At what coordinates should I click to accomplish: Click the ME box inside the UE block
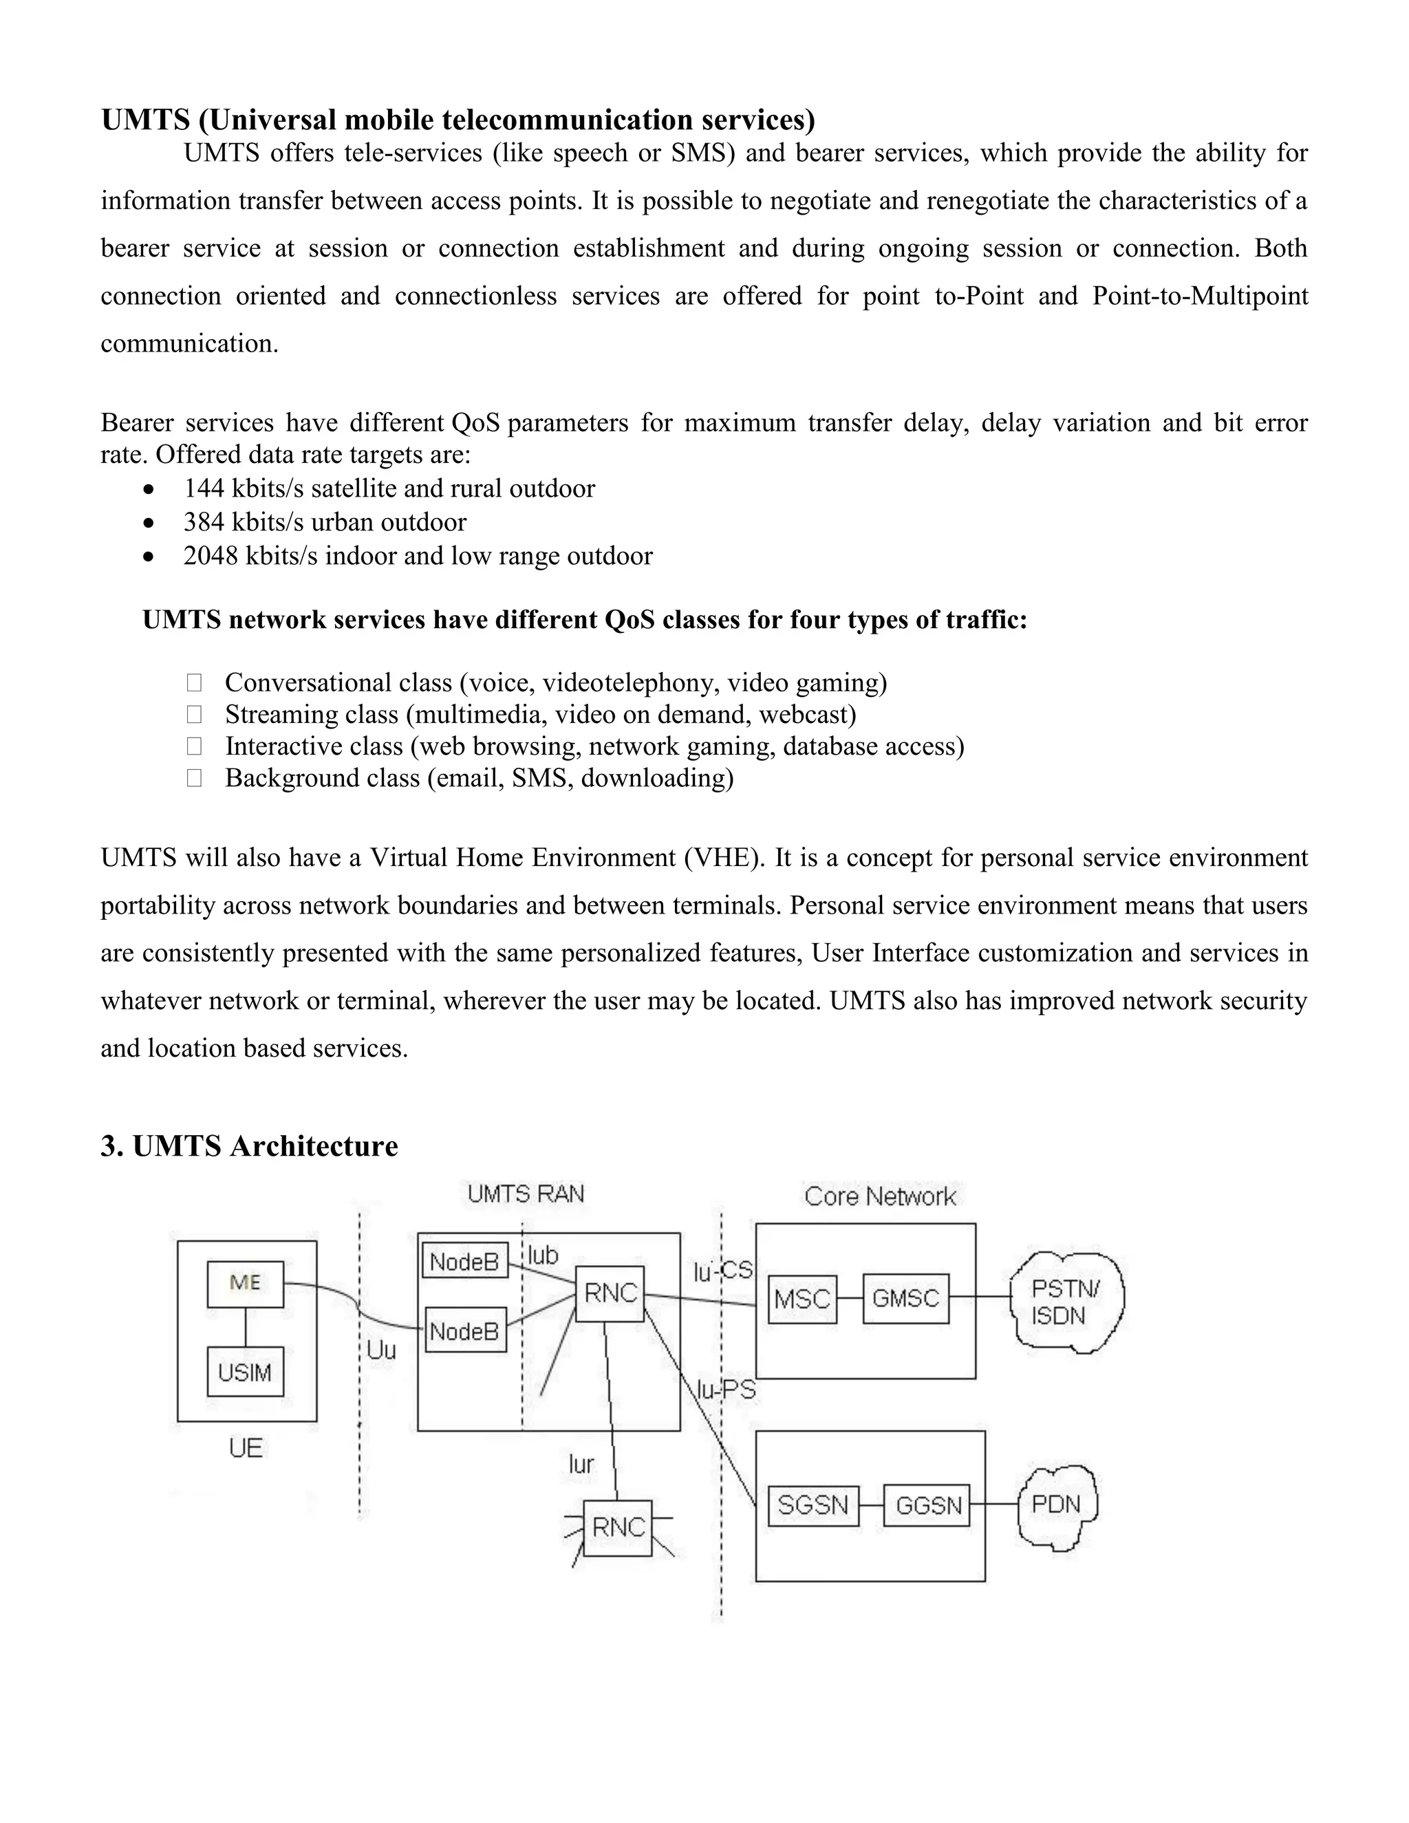[x=246, y=1284]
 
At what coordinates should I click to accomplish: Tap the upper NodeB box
[x=465, y=1261]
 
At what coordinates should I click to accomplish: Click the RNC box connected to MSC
[x=610, y=1294]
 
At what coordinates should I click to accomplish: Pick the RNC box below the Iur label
[x=618, y=1527]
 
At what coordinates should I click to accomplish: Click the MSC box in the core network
[x=802, y=1299]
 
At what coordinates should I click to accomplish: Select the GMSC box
[x=905, y=1299]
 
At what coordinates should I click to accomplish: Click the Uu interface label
[x=381, y=1350]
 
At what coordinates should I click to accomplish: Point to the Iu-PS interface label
[x=727, y=1389]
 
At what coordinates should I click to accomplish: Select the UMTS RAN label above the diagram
[x=526, y=1194]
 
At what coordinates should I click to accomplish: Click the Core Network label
[x=880, y=1197]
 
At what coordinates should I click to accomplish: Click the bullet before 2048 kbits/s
[x=149, y=557]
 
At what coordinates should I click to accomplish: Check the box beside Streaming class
[x=195, y=715]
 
